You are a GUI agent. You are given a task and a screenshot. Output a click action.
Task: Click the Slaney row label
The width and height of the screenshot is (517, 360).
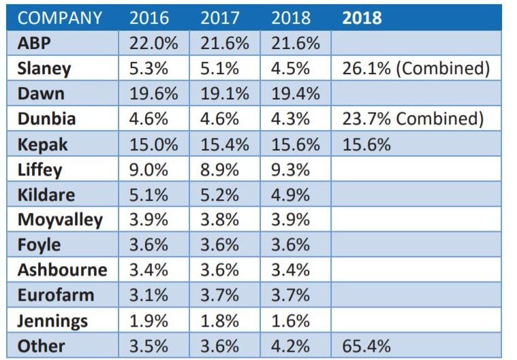click(44, 69)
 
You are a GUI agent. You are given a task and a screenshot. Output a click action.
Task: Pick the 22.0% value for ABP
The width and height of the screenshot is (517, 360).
click(153, 44)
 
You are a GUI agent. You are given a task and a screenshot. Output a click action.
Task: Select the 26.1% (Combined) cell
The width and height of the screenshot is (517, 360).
click(416, 69)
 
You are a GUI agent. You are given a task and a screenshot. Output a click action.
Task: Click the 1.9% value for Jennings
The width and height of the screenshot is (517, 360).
click(149, 321)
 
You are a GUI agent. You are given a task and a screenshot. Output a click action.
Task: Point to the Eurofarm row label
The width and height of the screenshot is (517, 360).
click(56, 295)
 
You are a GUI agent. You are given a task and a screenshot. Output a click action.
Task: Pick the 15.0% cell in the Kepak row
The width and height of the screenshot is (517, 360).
click(153, 144)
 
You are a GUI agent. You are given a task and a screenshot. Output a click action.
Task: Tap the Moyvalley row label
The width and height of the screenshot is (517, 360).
click(60, 220)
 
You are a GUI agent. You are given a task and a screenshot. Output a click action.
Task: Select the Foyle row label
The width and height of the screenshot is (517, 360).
click(39, 245)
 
